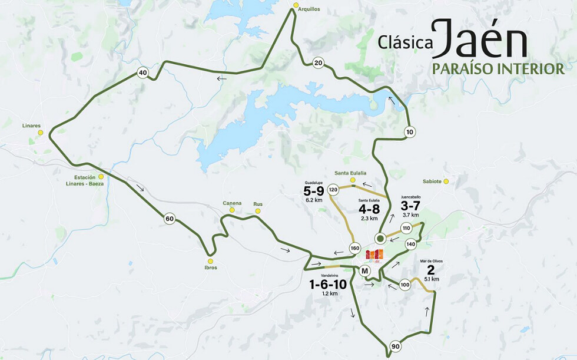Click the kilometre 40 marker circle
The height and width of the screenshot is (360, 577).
click(x=142, y=73)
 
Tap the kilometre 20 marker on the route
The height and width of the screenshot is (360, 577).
click(x=318, y=63)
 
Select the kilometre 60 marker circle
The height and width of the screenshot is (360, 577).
click(x=170, y=219)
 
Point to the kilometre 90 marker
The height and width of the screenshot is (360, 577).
click(x=395, y=346)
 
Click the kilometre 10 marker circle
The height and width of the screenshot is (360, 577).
click(x=410, y=131)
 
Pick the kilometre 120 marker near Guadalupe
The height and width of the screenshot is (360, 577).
click(x=333, y=190)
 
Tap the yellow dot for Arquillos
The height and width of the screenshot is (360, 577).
click(x=296, y=6)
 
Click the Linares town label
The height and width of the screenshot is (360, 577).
click(x=31, y=125)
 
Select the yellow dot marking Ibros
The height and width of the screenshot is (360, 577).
click(x=210, y=260)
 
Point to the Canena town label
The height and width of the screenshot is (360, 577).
click(x=232, y=203)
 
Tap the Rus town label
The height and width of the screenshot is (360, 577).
click(x=257, y=203)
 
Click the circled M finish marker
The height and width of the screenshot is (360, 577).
click(x=364, y=271)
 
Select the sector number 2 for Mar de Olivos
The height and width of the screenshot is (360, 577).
click(x=430, y=270)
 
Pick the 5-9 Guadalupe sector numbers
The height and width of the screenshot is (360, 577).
click(x=314, y=191)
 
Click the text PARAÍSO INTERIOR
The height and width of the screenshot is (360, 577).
click(x=498, y=69)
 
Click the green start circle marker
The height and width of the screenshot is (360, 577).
click(x=380, y=239)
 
